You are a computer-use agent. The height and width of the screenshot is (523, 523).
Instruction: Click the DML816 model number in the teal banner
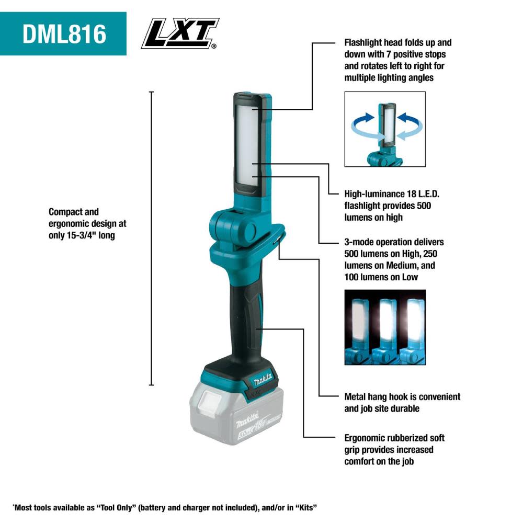click(64, 34)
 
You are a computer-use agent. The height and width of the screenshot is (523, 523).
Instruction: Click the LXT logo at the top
click(180, 33)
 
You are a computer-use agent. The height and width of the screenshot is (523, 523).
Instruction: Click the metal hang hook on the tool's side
click(277, 239)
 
